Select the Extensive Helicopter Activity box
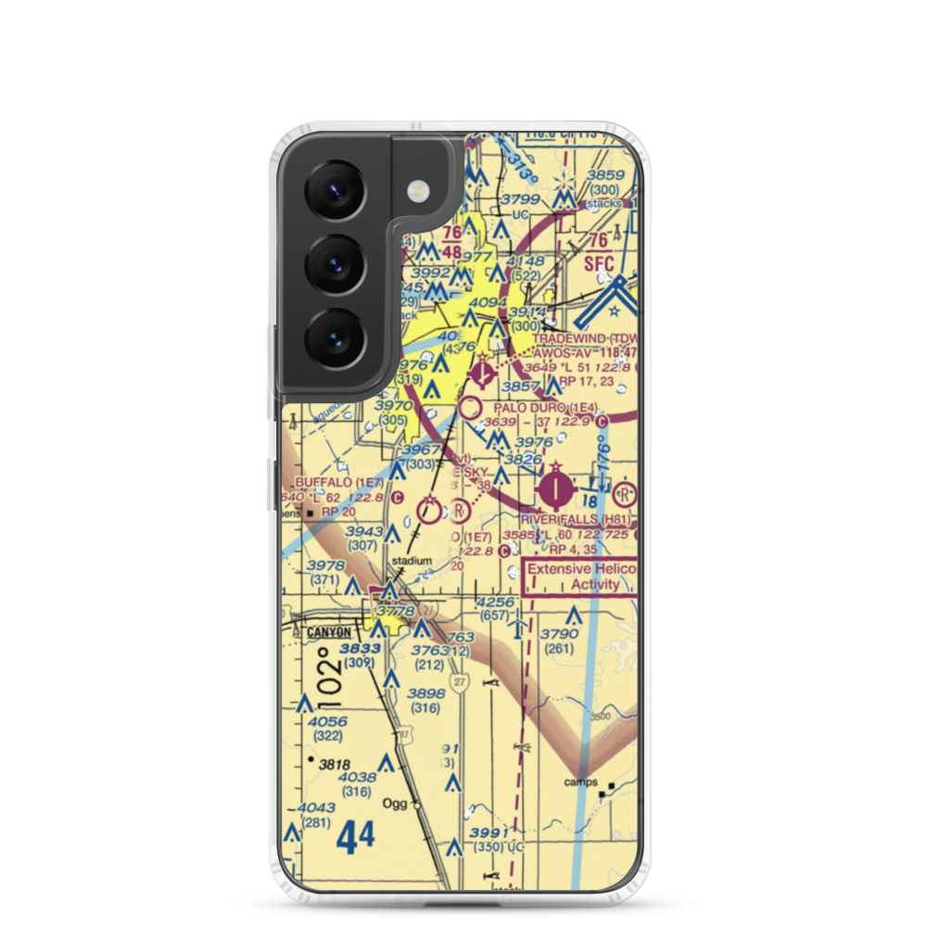click(581, 576)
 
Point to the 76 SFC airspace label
click(600, 252)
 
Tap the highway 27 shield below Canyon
click(461, 681)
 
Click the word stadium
click(412, 561)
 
